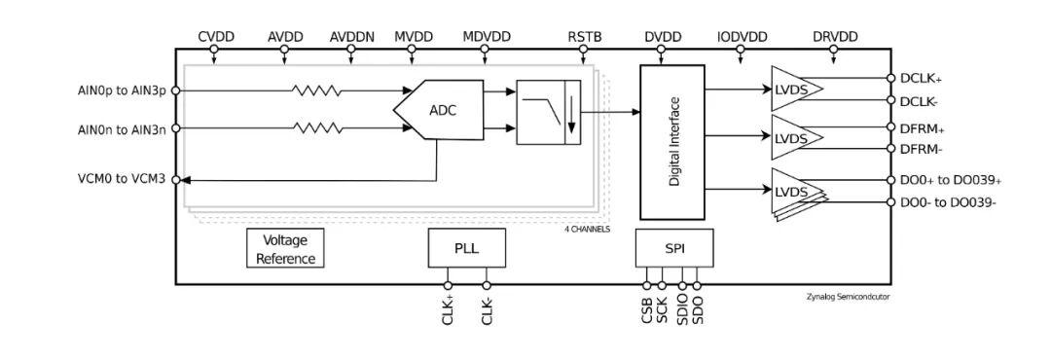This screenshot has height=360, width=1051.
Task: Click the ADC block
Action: point(438,110)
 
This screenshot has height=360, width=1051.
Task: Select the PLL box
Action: point(466,248)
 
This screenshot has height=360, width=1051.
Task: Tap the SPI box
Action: point(674,248)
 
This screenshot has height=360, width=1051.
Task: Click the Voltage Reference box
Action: point(285,248)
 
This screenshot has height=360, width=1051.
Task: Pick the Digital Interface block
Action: point(672,142)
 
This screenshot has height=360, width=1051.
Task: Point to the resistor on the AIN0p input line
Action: point(316,90)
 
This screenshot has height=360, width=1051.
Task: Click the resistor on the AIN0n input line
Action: point(316,127)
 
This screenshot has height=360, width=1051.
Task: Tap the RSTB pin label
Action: point(585,37)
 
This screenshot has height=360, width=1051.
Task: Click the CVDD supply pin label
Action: point(216,37)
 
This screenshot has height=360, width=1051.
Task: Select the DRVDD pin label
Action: point(835,37)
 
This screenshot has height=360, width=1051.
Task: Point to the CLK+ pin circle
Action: point(448,286)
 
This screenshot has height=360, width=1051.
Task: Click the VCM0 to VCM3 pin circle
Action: point(175,180)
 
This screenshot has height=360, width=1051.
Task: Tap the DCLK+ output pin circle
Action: point(890,78)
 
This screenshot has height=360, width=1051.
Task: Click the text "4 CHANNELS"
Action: point(588,230)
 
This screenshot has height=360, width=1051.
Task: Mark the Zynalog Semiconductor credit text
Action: point(848,295)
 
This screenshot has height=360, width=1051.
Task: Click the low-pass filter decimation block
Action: point(548,112)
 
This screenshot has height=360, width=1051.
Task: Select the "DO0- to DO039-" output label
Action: point(949,202)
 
